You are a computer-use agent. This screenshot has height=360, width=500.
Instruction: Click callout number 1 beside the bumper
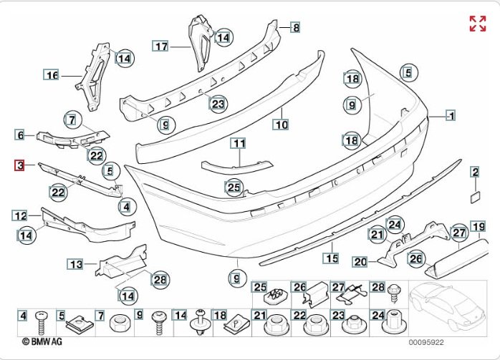point(451,115)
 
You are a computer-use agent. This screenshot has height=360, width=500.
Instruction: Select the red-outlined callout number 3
point(20,166)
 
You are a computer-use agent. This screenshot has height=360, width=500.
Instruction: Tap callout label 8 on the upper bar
point(294,27)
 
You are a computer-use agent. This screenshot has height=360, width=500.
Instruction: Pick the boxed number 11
point(238,143)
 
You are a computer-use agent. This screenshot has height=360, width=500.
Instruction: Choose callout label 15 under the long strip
point(331,258)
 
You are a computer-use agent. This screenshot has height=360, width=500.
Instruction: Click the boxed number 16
point(52,74)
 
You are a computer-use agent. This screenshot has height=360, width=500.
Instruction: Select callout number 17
point(160,46)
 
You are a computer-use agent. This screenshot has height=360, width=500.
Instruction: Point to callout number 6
point(20,135)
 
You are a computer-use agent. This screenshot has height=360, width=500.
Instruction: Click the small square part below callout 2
point(475,193)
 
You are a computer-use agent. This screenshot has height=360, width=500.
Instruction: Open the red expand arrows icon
point(477,24)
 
